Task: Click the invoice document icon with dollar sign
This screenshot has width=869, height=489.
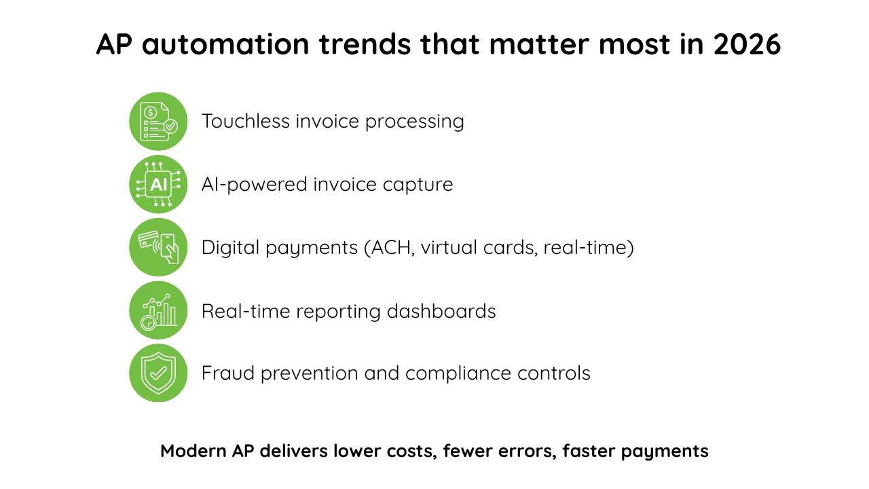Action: point(158,122)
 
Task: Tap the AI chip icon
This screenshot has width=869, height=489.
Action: point(158,184)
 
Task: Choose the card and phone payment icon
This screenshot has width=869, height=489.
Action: point(158,247)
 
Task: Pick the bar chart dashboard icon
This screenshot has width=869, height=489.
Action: point(158,310)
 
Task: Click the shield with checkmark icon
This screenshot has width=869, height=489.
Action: point(158,373)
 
